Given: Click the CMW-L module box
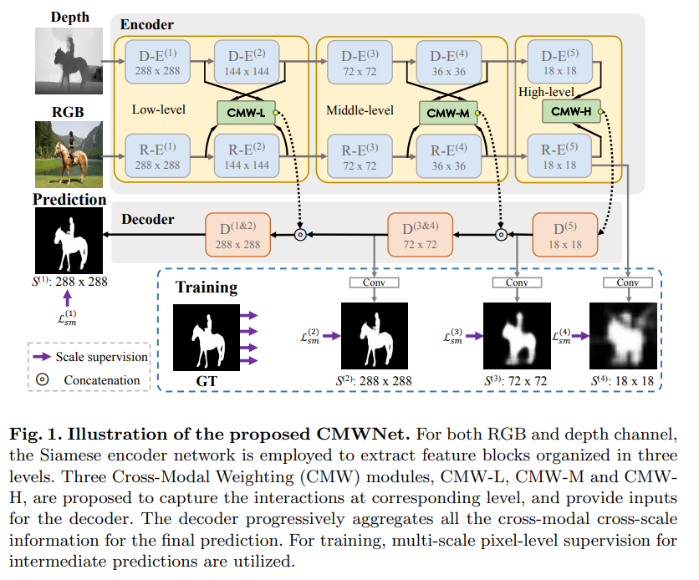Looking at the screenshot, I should [x=245, y=110].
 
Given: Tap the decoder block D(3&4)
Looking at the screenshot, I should [x=421, y=235].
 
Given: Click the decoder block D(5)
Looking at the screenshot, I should [x=565, y=235].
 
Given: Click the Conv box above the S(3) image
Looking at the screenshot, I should [x=518, y=282].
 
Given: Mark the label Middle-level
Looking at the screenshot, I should [x=359, y=109].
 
